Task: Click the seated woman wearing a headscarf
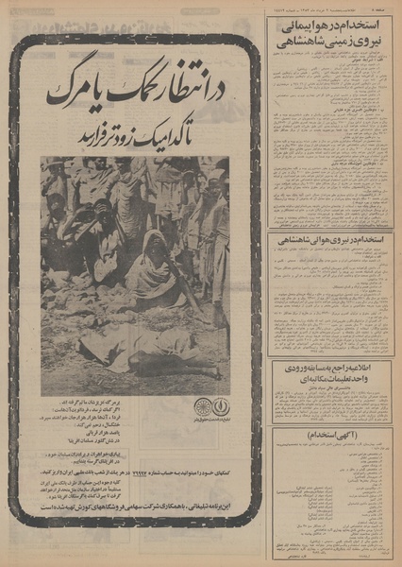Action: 150,274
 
